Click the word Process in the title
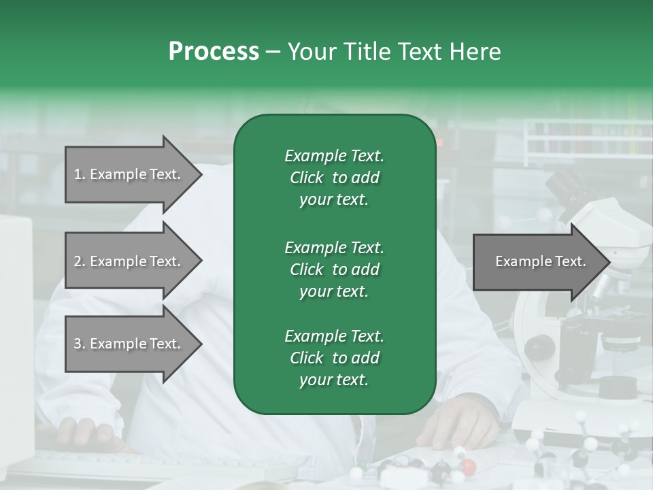pos(214,52)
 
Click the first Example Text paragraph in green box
pos(334,178)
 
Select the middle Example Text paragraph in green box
pos(334,269)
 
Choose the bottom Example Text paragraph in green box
pos(334,358)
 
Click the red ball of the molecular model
pos(468,466)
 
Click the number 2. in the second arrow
pos(79,261)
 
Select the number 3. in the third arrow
pos(79,344)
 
